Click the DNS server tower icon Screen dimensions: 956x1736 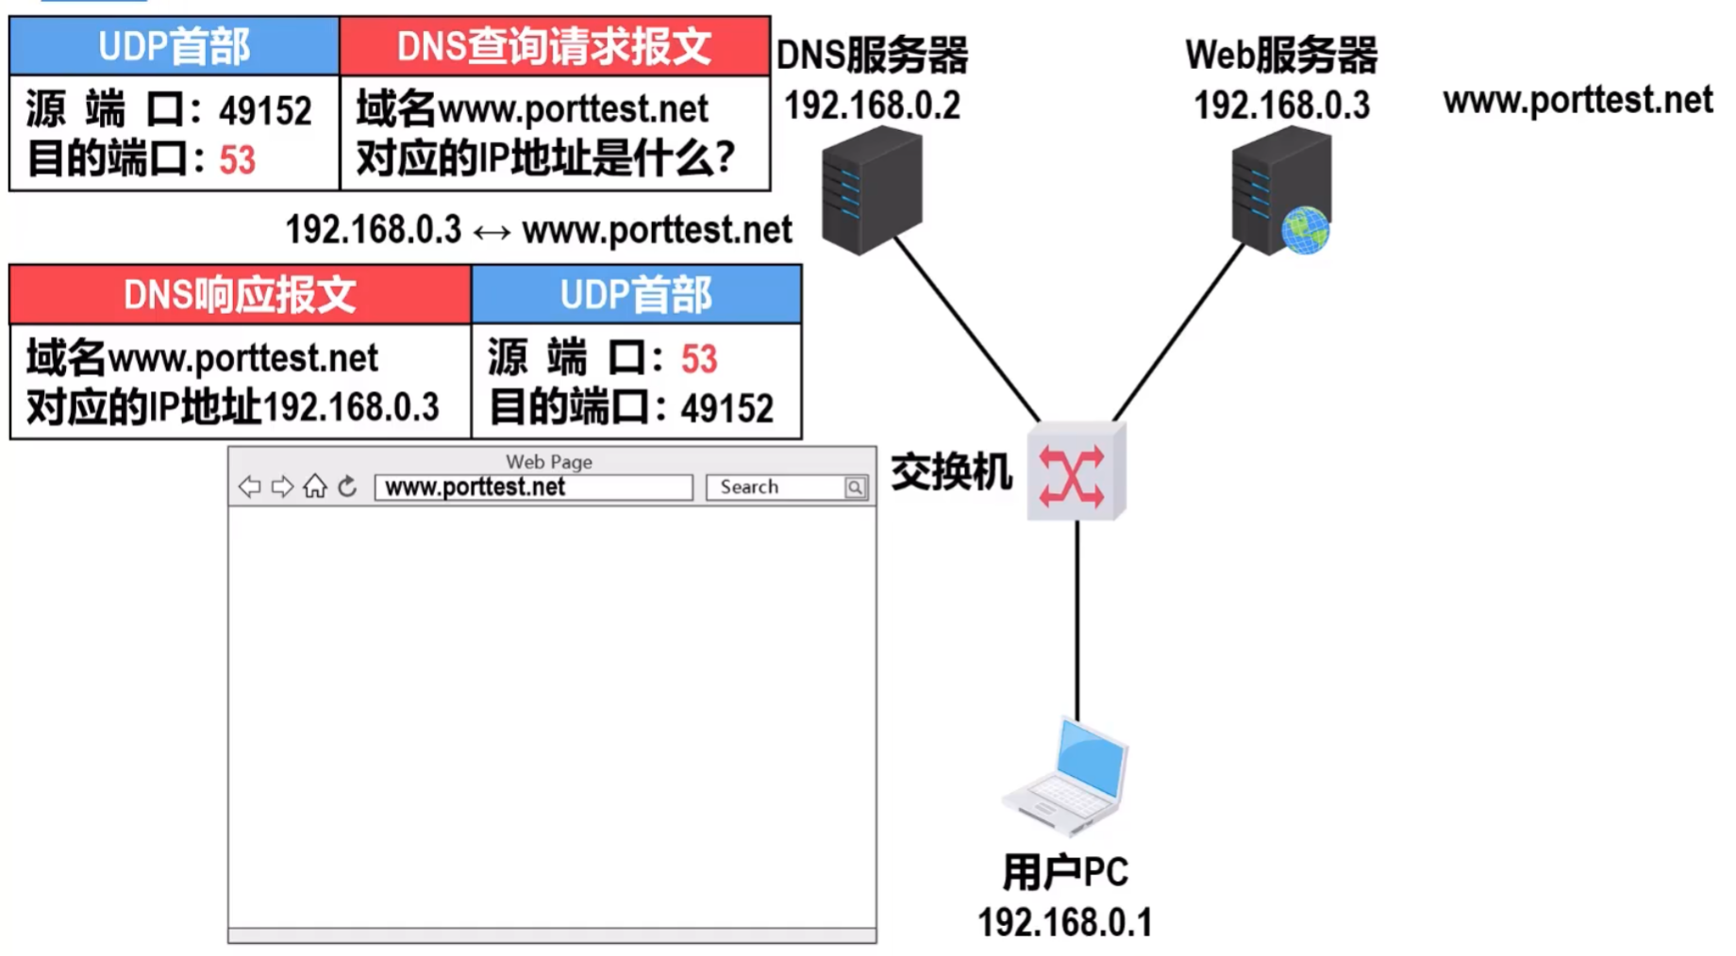coord(871,191)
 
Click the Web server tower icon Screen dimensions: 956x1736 coord(1279,191)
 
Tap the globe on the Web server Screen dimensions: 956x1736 coord(1305,230)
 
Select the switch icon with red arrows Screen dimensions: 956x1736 coord(1074,472)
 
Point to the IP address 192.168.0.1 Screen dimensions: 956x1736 coord(1064,922)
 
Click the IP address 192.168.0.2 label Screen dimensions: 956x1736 coord(872,105)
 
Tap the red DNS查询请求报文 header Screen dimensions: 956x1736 coord(554,47)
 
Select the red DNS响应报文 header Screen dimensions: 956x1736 coord(240,295)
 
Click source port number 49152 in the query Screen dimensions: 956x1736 coord(265,111)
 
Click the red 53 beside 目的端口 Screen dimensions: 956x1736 coord(237,160)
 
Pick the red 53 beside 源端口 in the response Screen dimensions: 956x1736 coord(699,359)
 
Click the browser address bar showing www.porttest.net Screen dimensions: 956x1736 coord(533,487)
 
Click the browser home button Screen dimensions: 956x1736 coord(314,486)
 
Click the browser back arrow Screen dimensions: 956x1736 coord(249,486)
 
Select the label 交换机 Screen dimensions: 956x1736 coord(951,472)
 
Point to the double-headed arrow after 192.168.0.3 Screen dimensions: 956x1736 coord(492,232)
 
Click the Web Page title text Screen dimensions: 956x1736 coord(549,462)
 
